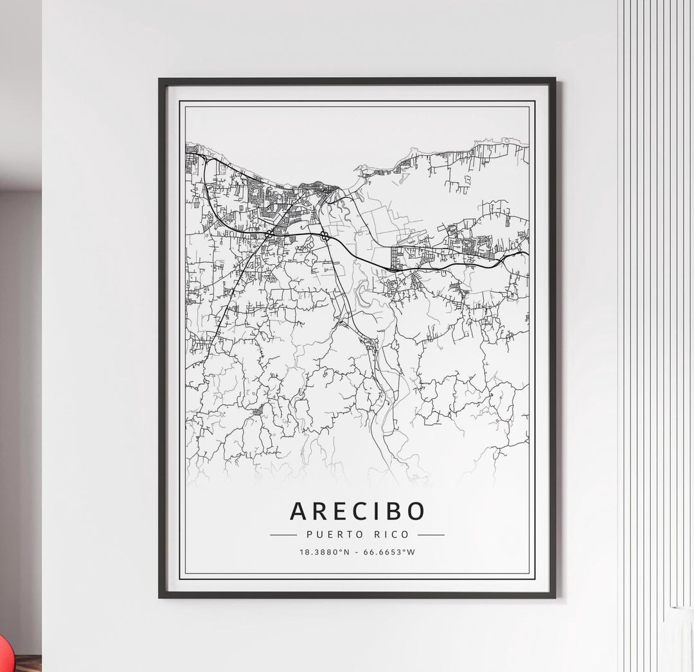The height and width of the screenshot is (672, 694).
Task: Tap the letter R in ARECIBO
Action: [323, 511]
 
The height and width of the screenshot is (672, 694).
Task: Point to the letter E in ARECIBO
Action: [343, 511]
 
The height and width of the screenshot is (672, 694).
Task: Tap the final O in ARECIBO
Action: [415, 511]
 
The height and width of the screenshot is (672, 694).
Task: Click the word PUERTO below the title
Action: [326, 535]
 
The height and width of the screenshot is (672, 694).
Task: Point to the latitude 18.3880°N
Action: [324, 551]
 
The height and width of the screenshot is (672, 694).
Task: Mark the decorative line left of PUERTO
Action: [283, 535]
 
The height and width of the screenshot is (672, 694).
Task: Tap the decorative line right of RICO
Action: [431, 535]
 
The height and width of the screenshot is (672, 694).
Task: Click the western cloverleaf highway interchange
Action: [270, 233]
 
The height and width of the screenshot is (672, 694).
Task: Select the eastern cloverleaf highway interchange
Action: [325, 237]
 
